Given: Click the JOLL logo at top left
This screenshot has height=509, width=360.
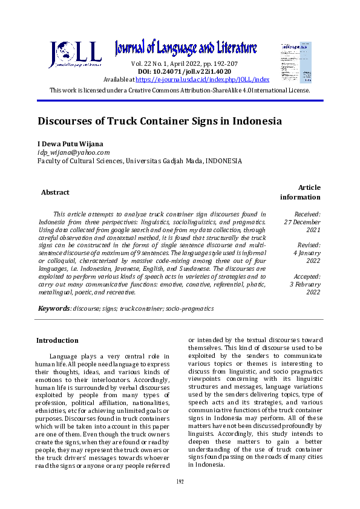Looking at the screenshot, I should click(75, 55).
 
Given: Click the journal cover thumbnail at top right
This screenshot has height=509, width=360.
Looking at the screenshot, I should click(296, 62).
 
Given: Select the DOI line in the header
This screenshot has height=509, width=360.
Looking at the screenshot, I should click(185, 71).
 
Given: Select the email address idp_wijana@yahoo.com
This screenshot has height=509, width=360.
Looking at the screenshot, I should click(73, 152).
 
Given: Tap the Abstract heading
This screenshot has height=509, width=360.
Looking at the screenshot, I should click(55, 192).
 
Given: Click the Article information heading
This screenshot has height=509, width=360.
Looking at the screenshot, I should click(301, 192).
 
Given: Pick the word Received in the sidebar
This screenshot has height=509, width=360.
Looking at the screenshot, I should click(307, 214).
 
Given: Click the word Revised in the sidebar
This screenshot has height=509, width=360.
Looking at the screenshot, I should click(309, 245).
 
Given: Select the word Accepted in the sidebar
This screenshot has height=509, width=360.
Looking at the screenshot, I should click(307, 276).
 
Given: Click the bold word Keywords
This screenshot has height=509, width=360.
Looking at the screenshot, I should click(53, 308).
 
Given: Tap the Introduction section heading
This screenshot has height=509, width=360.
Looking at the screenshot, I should click(57, 340).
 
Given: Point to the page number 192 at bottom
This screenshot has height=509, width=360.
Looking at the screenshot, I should click(180, 481).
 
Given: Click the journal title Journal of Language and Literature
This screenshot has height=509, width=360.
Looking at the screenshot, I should click(186, 48).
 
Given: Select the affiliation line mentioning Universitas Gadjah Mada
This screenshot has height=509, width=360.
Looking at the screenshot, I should click(140, 161).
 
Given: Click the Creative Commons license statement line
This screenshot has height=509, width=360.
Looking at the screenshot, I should click(180, 90).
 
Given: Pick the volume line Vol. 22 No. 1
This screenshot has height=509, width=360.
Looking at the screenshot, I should click(185, 63).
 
